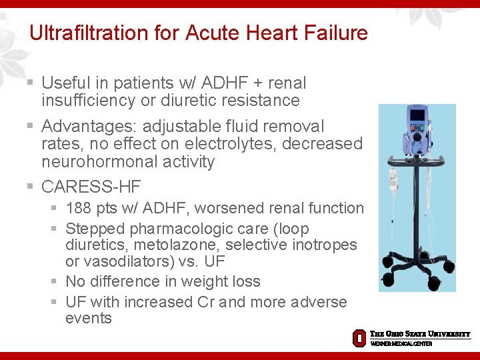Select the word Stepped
tap(90, 229)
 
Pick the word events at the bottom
tap(89, 318)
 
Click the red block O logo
tap(359, 337)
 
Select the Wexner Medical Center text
tap(401, 343)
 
